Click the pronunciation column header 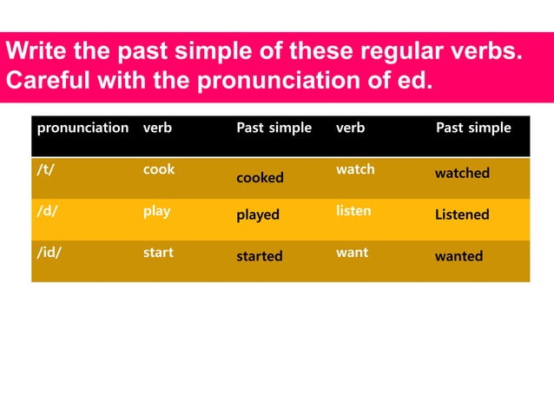(82, 128)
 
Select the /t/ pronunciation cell (43, 170)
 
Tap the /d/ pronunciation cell (45, 211)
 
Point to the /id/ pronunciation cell (48, 253)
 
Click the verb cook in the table (158, 170)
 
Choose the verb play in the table (156, 212)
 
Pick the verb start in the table (158, 253)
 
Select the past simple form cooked (260, 177)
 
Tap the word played (258, 215)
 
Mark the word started (260, 256)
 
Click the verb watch (355, 170)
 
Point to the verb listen (353, 211)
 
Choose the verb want (352, 253)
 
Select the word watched (462, 174)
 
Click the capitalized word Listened (462, 214)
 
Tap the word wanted (458, 256)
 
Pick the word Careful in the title (43, 83)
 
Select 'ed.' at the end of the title (415, 83)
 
